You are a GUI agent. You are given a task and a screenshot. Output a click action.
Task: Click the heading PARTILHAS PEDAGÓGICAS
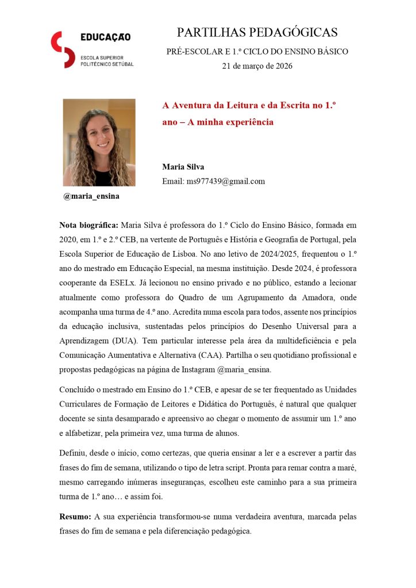[x=257, y=32]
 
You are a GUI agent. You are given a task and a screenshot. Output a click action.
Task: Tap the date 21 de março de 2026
[x=257, y=66]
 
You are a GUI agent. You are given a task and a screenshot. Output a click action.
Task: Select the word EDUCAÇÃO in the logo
[x=105, y=37]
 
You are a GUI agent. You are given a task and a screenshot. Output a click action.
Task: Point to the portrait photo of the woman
[x=99, y=142]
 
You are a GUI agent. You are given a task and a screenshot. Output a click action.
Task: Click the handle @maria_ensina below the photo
[x=92, y=196]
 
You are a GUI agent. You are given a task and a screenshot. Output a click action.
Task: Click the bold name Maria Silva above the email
[x=183, y=167]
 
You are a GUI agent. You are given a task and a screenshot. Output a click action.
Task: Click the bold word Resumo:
[x=76, y=517]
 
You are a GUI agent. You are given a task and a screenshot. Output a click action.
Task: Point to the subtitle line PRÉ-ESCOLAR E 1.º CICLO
[x=257, y=52]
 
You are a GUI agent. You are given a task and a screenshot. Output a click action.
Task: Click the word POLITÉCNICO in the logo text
[x=99, y=64]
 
